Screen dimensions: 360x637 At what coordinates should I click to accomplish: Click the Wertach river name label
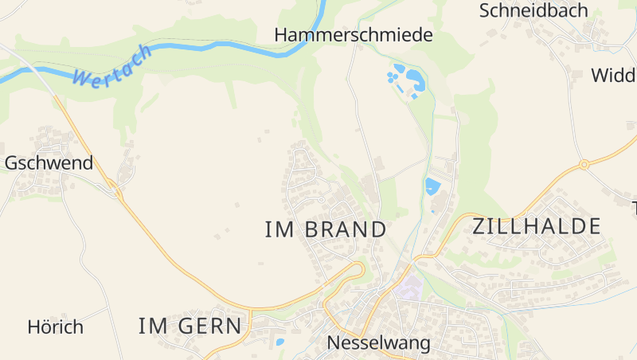click(111, 67)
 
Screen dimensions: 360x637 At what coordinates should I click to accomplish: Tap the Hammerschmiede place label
click(353, 35)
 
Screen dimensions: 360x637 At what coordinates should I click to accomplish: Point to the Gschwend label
click(49, 163)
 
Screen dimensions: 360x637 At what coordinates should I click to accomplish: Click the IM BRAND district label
click(325, 229)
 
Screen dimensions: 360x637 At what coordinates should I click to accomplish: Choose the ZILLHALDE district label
click(536, 226)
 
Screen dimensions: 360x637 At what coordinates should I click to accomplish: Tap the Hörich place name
click(55, 327)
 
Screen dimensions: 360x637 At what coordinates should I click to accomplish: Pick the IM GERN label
click(190, 326)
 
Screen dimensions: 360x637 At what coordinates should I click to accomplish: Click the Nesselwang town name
click(379, 343)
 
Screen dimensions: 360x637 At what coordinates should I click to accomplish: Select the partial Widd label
click(613, 76)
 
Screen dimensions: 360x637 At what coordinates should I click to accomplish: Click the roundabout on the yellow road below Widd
click(584, 165)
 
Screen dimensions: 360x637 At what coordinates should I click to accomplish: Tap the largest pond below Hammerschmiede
click(415, 78)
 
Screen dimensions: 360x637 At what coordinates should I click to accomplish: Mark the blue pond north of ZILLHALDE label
click(432, 187)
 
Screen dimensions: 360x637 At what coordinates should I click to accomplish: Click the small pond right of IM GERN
click(279, 342)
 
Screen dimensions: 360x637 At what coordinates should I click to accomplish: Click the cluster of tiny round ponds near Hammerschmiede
click(393, 77)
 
